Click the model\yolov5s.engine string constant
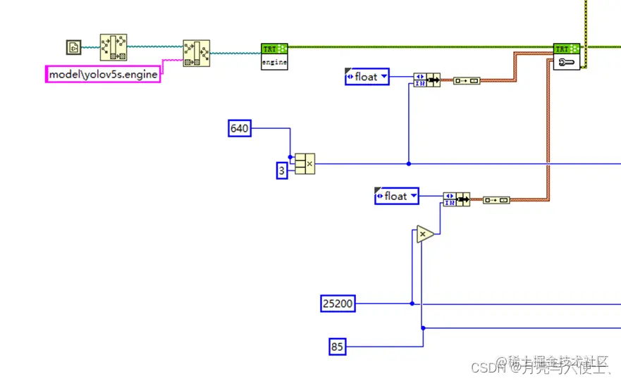coord(103,74)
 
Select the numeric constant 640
coord(240,128)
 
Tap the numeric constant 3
coord(281,170)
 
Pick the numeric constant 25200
coord(338,304)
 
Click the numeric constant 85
coord(338,346)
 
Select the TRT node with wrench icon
coord(566,56)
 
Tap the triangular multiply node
coord(424,234)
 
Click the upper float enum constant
coord(367,77)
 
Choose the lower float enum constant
coord(396,196)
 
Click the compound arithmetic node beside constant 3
coord(305,163)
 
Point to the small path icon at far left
coord(73,47)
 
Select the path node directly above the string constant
coord(113,47)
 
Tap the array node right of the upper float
coord(426,80)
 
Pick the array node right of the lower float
coord(456,199)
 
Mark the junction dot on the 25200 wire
coord(412,304)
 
